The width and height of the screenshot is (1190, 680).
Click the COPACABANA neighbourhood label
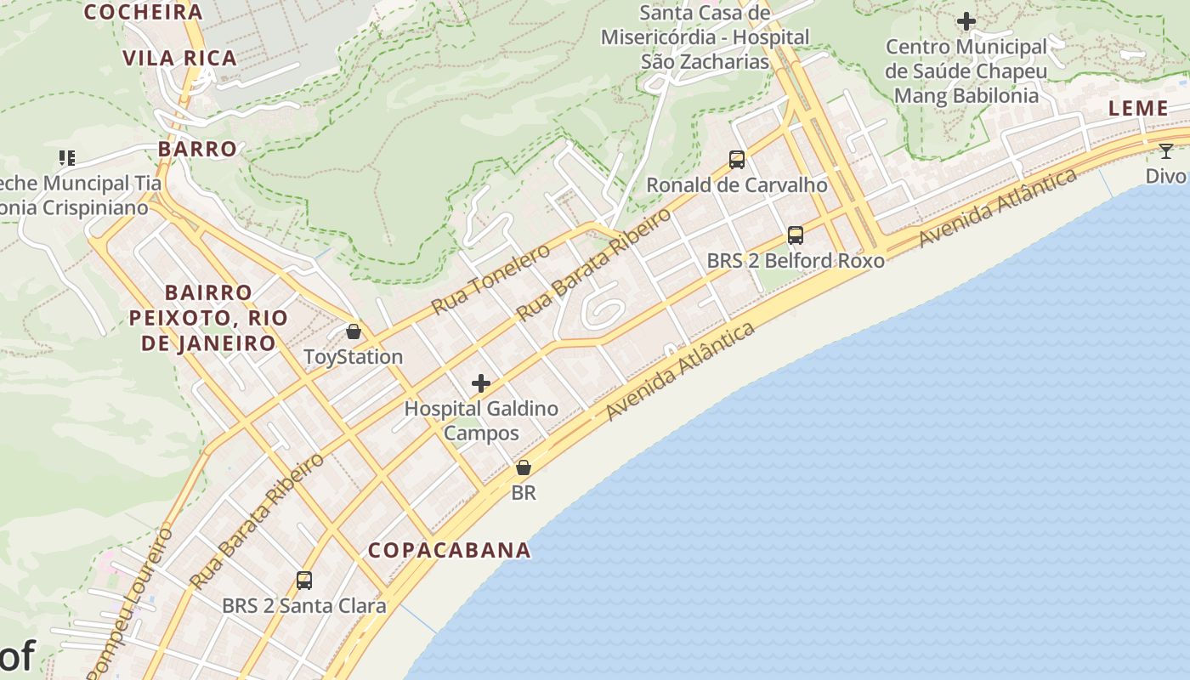click(x=449, y=550)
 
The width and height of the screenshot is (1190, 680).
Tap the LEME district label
click(x=1138, y=108)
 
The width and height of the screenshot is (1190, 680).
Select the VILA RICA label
click(x=179, y=58)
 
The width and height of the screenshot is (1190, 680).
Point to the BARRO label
click(x=197, y=149)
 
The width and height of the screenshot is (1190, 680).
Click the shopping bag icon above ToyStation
click(x=354, y=331)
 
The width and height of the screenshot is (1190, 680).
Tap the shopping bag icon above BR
click(x=524, y=467)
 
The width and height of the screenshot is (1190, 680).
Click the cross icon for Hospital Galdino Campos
click(x=481, y=383)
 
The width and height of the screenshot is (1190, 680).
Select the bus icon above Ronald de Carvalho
click(x=737, y=159)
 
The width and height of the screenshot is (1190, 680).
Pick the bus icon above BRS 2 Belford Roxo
click(x=796, y=235)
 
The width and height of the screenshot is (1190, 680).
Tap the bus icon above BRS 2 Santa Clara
click(x=304, y=581)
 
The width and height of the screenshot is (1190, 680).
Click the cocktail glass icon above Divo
click(x=1165, y=151)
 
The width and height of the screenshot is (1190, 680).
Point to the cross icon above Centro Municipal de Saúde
click(x=966, y=21)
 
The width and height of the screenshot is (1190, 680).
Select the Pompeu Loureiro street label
click(x=130, y=603)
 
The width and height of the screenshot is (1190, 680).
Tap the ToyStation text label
click(x=354, y=356)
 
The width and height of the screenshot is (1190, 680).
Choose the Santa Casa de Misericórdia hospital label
click(x=705, y=37)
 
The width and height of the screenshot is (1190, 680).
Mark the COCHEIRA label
click(x=143, y=12)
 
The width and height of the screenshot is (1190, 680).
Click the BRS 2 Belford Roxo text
click(x=796, y=260)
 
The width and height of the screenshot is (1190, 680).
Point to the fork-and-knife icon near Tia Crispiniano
click(x=67, y=157)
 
